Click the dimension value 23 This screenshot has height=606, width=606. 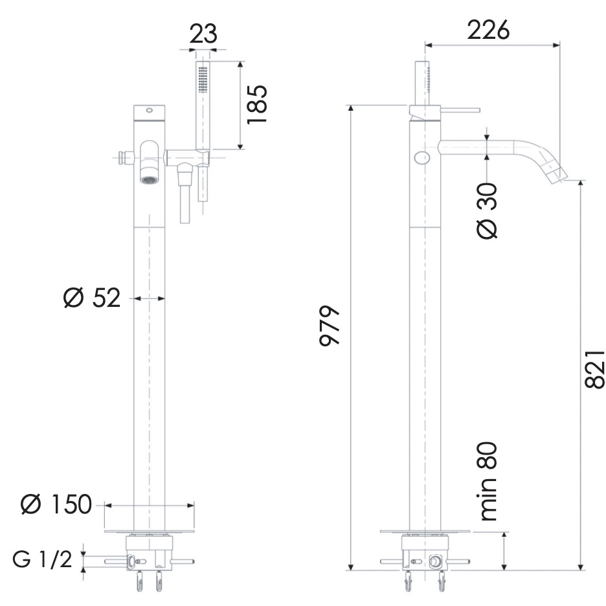[x=203, y=34]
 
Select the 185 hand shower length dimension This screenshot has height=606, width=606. [x=257, y=106]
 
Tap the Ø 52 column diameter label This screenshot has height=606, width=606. [x=92, y=298]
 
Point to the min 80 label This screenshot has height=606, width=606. [x=488, y=482]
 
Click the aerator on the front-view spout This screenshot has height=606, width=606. [x=150, y=179]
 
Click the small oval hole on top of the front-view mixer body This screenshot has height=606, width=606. [x=150, y=110]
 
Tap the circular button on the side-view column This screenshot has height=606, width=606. [x=422, y=157]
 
